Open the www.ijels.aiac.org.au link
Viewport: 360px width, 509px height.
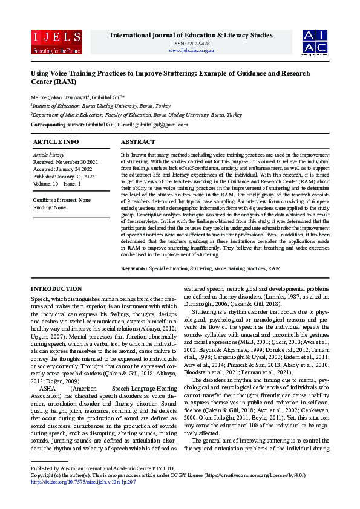point(191,50)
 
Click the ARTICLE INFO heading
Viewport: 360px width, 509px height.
point(56,141)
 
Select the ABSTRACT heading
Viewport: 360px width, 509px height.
point(138,141)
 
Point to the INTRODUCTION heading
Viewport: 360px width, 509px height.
point(56,289)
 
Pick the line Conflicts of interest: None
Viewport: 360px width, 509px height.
point(62,200)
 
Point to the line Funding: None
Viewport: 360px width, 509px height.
point(50,207)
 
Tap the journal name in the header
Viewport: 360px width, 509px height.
point(191,36)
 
